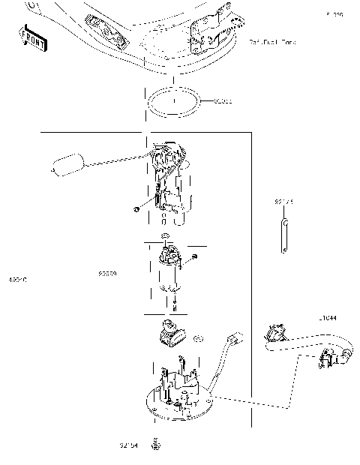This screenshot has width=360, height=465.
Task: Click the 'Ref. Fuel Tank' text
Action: click(271, 43)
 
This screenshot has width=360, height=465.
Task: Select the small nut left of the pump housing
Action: click(135, 209)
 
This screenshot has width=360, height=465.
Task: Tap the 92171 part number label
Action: click(283, 201)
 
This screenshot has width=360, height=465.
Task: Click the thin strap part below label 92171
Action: click(285, 236)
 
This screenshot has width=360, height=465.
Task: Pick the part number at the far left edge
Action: click(17, 279)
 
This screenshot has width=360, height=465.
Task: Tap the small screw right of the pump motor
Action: click(193, 257)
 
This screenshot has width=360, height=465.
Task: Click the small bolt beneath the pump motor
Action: click(173, 304)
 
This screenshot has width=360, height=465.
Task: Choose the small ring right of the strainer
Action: click(198, 338)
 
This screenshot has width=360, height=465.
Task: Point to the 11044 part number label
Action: click(327, 318)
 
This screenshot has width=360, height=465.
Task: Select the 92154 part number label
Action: click(128, 445)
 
